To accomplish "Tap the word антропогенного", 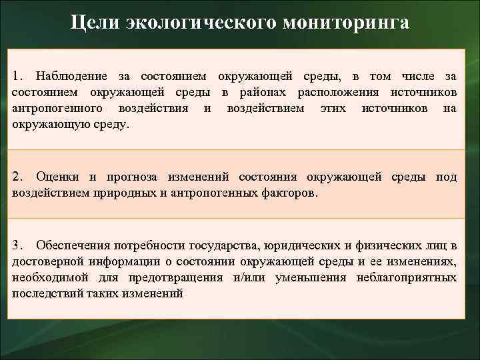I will [x=57, y=108].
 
